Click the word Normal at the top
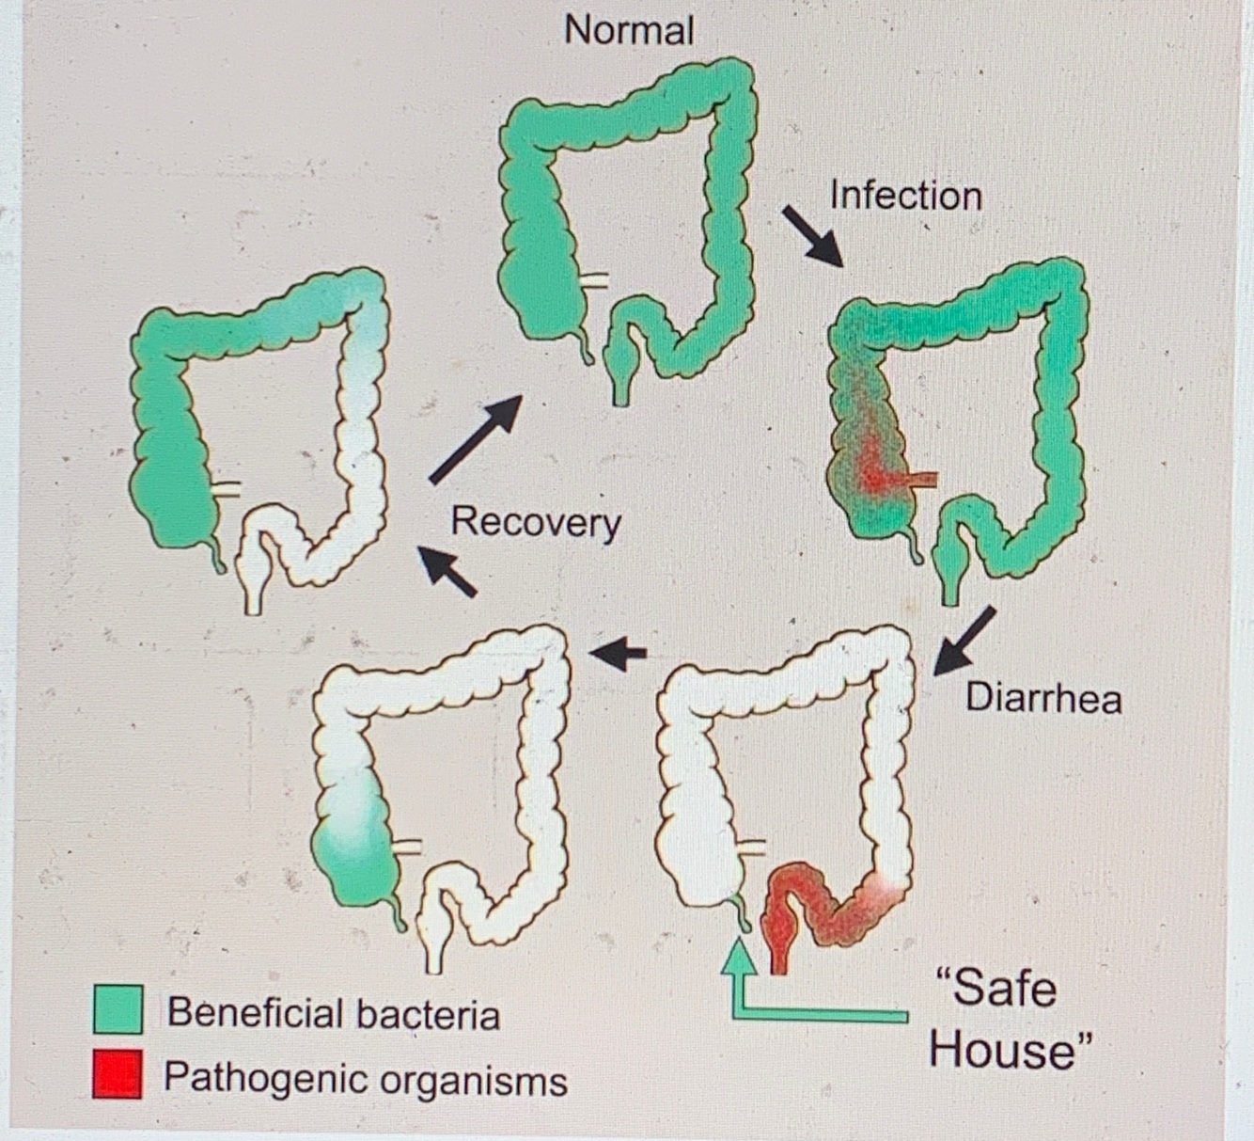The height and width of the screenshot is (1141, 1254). point(629,30)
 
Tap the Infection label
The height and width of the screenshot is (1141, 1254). point(905,196)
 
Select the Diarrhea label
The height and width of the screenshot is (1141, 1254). point(1043,699)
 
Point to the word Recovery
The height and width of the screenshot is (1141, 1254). point(536,522)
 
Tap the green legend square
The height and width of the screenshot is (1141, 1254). point(118,1010)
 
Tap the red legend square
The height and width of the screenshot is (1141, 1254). point(118,1074)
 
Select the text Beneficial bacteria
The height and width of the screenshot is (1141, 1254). point(333,1013)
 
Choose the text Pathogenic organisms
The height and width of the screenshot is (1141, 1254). point(365,1078)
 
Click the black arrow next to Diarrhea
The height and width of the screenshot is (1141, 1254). point(964,641)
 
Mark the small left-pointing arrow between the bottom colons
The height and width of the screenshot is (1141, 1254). point(619,652)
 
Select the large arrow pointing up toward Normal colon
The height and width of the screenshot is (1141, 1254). point(476,437)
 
